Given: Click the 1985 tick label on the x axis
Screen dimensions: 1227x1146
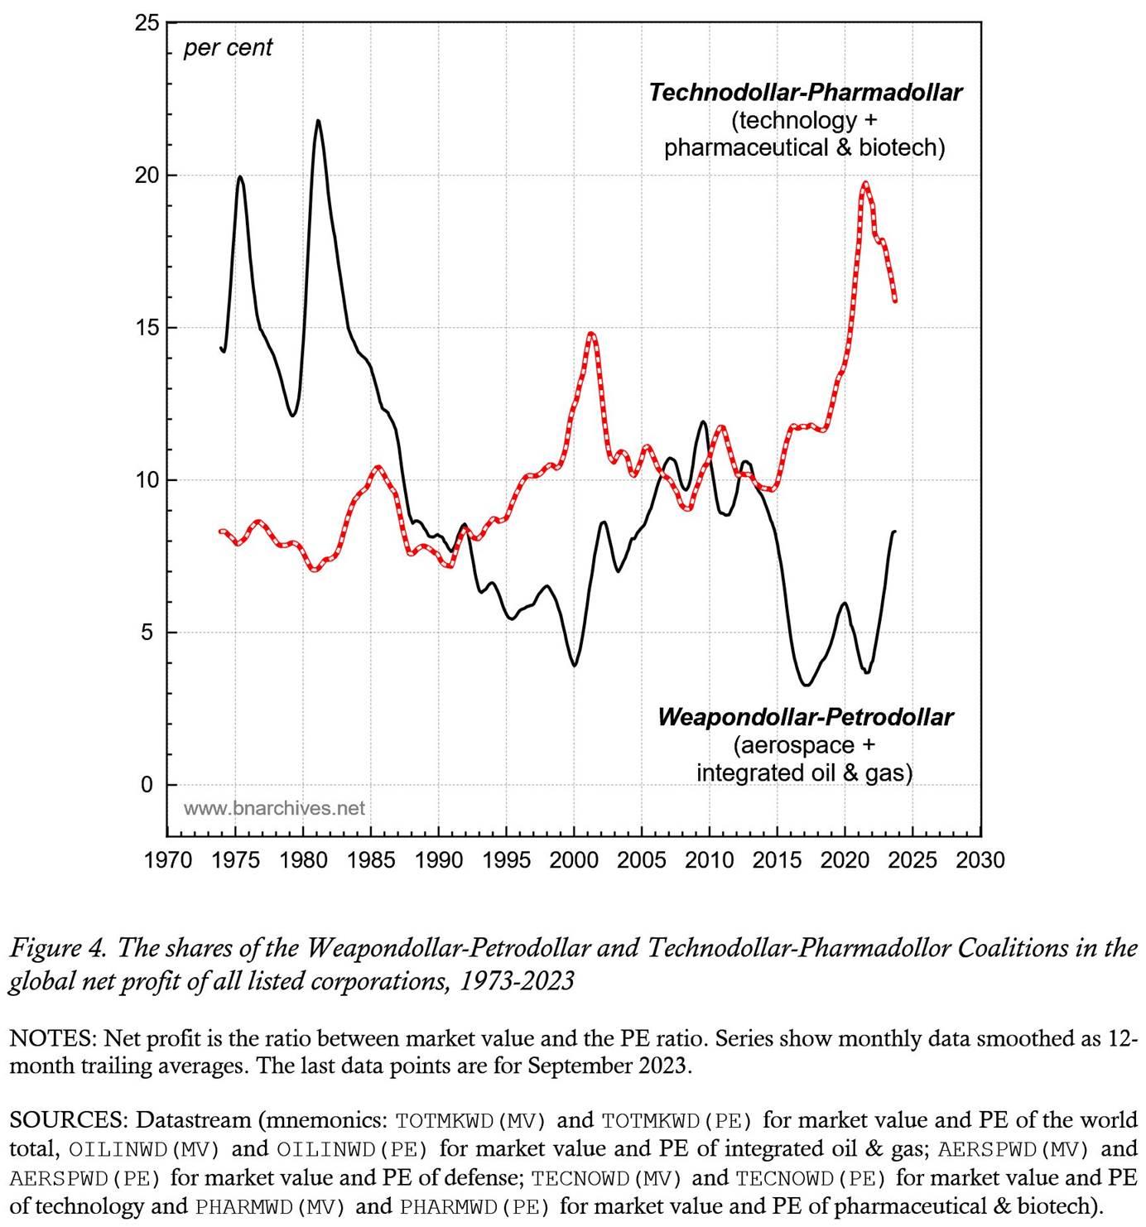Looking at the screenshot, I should point(371,860).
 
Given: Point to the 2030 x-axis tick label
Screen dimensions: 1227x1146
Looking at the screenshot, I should point(980,860).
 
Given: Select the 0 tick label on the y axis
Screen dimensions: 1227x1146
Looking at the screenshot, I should point(147,785).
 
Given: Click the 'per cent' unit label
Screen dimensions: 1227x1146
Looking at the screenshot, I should point(228,48).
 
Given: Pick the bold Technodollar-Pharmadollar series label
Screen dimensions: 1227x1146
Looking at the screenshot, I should point(805,92).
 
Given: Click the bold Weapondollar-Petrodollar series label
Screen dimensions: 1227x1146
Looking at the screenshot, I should point(805,717).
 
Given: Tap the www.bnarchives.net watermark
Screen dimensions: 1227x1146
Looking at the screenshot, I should point(274,808).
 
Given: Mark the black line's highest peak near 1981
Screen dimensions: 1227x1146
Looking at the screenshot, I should point(317,121).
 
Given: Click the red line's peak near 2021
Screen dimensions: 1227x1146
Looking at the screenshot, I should point(865,183).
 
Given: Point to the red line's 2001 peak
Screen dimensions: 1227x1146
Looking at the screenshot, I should point(591,334).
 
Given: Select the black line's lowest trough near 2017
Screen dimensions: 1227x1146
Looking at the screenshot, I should point(806,685).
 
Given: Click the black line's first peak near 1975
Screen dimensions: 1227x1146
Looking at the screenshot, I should point(240,176).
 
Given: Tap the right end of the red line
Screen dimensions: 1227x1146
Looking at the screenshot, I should point(895,301).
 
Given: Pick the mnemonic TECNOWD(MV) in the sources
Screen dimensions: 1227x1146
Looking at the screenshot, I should point(607,1177).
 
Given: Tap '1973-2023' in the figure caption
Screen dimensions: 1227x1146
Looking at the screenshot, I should point(517,982).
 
